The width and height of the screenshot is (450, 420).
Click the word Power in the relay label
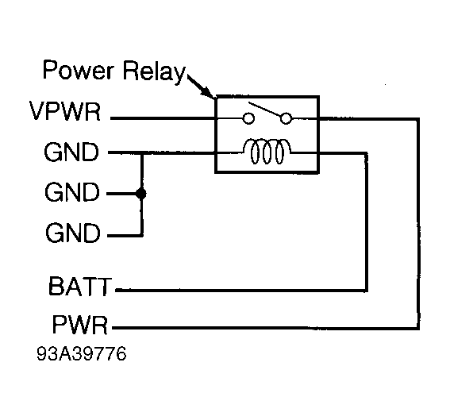[x=73, y=72]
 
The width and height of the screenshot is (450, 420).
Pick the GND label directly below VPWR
[x=73, y=152]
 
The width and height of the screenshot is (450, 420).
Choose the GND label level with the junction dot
[x=73, y=193]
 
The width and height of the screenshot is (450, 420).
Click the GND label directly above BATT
[x=73, y=234]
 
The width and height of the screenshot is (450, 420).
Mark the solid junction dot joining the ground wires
[x=142, y=193]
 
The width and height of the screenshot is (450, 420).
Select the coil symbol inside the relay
[x=267, y=151]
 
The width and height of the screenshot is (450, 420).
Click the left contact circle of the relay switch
[x=248, y=119]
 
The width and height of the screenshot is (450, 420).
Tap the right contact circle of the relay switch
[x=287, y=119]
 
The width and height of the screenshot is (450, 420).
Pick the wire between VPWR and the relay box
[x=163, y=118]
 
